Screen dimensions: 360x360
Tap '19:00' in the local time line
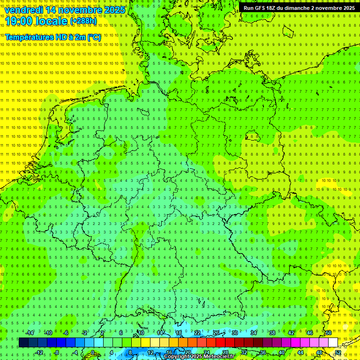[x=19, y=21]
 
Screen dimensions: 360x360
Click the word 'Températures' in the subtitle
[x=30, y=37]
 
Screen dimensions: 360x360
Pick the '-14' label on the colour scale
[x=30, y=333]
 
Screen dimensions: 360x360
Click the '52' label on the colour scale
[x=337, y=352]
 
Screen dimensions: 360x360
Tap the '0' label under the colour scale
[x=93, y=352]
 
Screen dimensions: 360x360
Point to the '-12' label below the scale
[x=39, y=352]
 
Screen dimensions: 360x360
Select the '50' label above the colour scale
[x=328, y=333]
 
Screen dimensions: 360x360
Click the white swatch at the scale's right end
[x=333, y=343]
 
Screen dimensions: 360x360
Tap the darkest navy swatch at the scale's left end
[x=24, y=343]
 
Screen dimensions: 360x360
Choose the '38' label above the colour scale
[x=272, y=333]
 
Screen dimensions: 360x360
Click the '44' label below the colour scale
[x=300, y=352]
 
